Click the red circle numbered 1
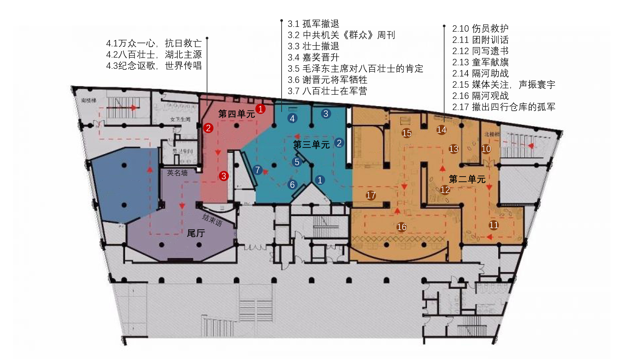click(x=260, y=109)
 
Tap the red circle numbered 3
click(x=224, y=176)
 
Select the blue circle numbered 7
click(x=257, y=170)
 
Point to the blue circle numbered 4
click(x=292, y=118)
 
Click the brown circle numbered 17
click(x=371, y=195)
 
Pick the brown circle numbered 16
click(x=402, y=227)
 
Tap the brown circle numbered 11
click(x=493, y=225)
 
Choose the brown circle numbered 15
click(x=407, y=133)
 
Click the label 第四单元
click(x=236, y=114)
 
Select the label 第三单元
click(x=311, y=145)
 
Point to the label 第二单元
click(x=467, y=179)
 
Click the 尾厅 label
click(x=196, y=233)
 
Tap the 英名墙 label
click(x=177, y=173)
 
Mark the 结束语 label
click(x=212, y=220)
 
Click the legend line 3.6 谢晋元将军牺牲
click(x=327, y=80)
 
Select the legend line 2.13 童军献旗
click(x=480, y=62)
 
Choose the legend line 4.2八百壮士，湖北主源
click(x=154, y=54)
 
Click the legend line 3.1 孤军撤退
click(x=313, y=24)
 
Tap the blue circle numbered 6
click(x=292, y=185)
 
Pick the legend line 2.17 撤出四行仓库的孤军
click(x=504, y=107)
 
